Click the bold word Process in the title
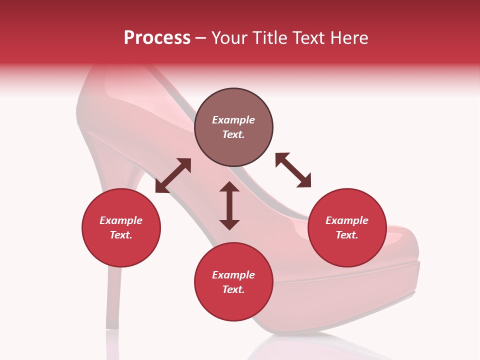click(x=157, y=38)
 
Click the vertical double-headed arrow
click(x=229, y=205)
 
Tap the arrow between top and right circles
click(x=293, y=170)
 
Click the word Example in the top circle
click(x=233, y=120)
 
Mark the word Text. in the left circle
click(x=121, y=235)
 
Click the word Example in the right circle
click(x=347, y=220)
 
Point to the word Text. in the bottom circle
click(x=233, y=289)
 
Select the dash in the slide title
click(x=201, y=38)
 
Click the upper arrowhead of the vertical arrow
click(x=229, y=187)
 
